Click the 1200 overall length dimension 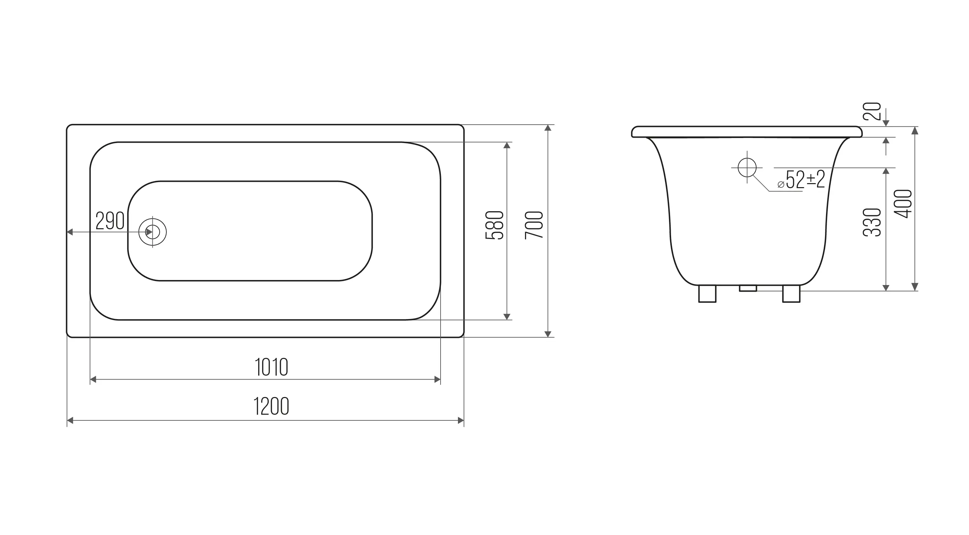(271, 406)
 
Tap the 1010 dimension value (271, 367)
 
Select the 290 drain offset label (110, 221)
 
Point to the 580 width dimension (494, 225)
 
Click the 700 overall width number (534, 225)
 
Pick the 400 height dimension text (903, 204)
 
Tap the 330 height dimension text (872, 222)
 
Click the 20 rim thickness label (872, 111)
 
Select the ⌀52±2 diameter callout (801, 179)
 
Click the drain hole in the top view (152, 232)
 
